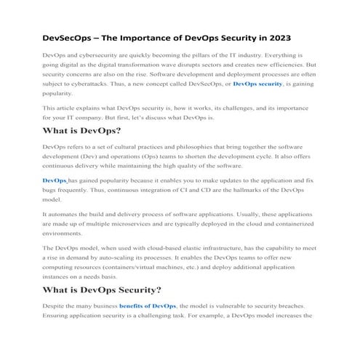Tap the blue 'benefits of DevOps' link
click(x=147, y=306)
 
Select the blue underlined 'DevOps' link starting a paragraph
click(x=55, y=180)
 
